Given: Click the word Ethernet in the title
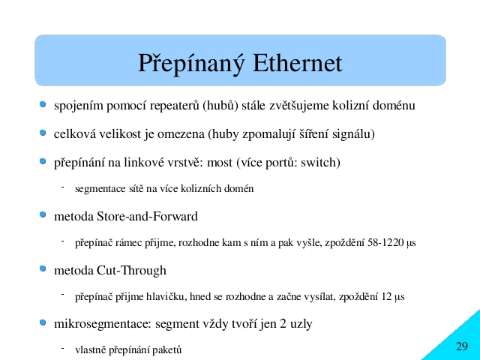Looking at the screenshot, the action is (297, 63).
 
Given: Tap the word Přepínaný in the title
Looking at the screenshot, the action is (191, 64).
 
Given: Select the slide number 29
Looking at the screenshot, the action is (462, 346).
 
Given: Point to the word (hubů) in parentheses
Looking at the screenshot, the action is (220, 106).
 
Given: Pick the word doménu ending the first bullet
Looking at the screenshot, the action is (394, 105).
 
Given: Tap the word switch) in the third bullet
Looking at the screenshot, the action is (320, 163).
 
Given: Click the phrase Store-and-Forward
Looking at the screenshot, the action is (147, 217).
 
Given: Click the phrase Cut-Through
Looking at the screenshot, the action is (132, 271).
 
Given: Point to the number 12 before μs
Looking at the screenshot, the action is (386, 297).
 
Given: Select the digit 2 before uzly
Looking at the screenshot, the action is (283, 323).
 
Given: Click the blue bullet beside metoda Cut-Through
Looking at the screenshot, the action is (43, 268).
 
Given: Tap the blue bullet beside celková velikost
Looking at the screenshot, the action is (43, 133).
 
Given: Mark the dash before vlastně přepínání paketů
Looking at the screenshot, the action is (62, 348).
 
